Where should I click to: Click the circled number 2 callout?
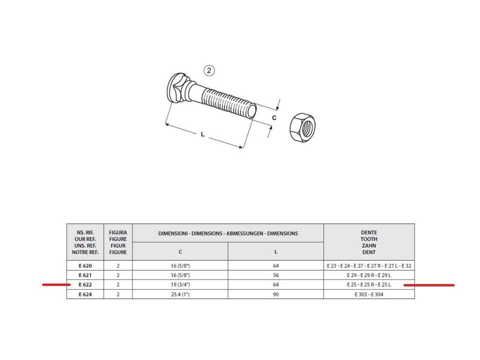coord(209,70)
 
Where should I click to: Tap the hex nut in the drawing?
coord(302,127)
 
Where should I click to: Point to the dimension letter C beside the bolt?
coord(274,118)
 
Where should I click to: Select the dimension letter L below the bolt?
coord(202,134)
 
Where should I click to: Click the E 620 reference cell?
coord(85,265)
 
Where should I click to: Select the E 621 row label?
coord(85,275)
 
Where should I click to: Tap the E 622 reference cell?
coord(85,284)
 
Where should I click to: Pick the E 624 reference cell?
coord(85,294)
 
